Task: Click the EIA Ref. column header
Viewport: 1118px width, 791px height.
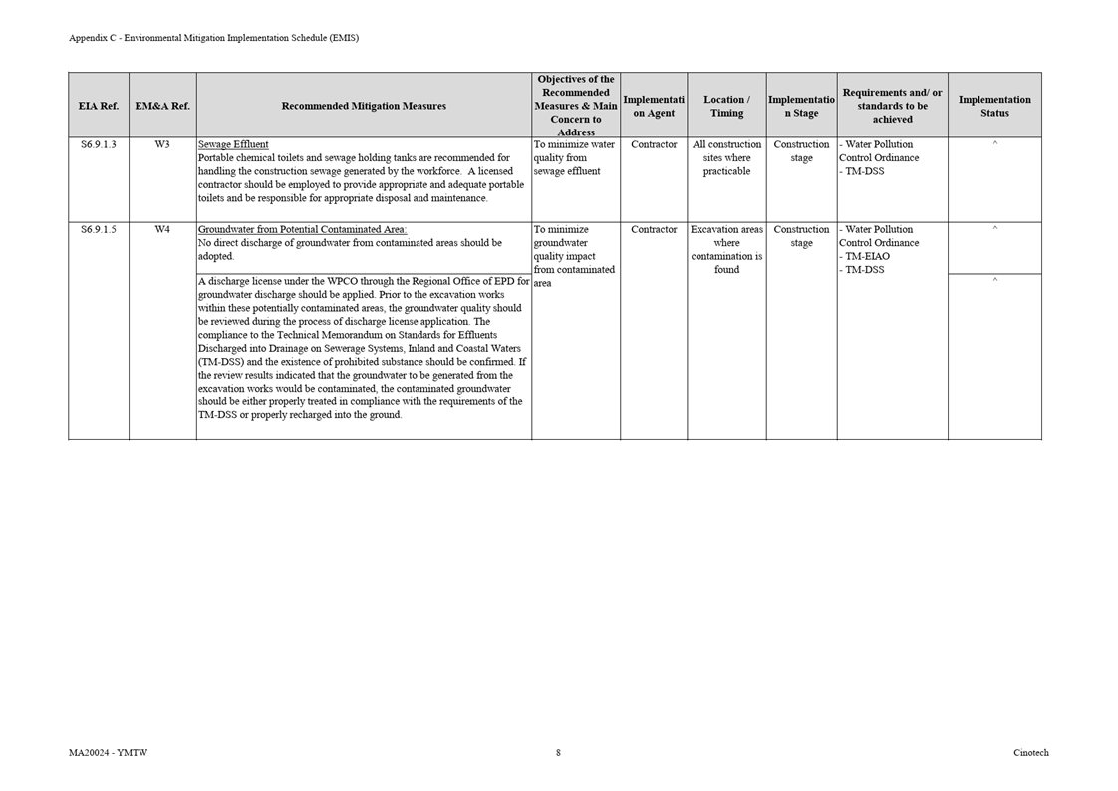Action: (98, 106)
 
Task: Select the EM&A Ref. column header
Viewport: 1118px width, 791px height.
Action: (162, 106)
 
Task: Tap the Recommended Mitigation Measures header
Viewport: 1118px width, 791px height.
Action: (364, 106)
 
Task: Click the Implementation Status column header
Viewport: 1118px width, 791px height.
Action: (994, 106)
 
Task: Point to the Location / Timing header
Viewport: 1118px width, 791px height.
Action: (726, 106)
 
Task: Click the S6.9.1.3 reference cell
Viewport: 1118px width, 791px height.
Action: (98, 145)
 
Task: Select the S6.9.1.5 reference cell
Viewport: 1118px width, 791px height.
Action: (98, 230)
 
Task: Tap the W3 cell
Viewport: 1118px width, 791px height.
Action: (162, 145)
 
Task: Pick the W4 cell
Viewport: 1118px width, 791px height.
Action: (162, 230)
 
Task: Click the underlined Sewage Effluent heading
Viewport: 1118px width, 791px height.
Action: (233, 145)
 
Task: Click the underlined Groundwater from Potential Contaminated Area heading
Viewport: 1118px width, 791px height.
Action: (302, 230)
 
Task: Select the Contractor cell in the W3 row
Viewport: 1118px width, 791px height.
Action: (654, 145)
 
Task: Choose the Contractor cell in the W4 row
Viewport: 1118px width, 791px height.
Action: (654, 230)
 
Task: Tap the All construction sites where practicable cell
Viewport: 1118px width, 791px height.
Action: (726, 158)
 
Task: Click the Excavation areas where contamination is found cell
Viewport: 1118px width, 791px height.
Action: (726, 250)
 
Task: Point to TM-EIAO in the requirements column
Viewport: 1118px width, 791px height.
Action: (867, 257)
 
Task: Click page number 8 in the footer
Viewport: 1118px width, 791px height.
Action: (558, 753)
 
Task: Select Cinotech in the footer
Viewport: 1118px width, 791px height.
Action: (1030, 753)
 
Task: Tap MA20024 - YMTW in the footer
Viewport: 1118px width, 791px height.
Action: (109, 753)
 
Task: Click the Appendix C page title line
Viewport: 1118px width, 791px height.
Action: (213, 38)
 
